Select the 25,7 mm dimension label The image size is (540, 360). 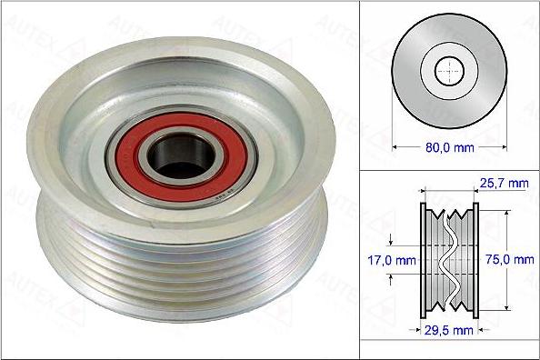pyautogui.click(x=505, y=185)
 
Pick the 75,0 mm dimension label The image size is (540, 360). pyautogui.click(x=511, y=259)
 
